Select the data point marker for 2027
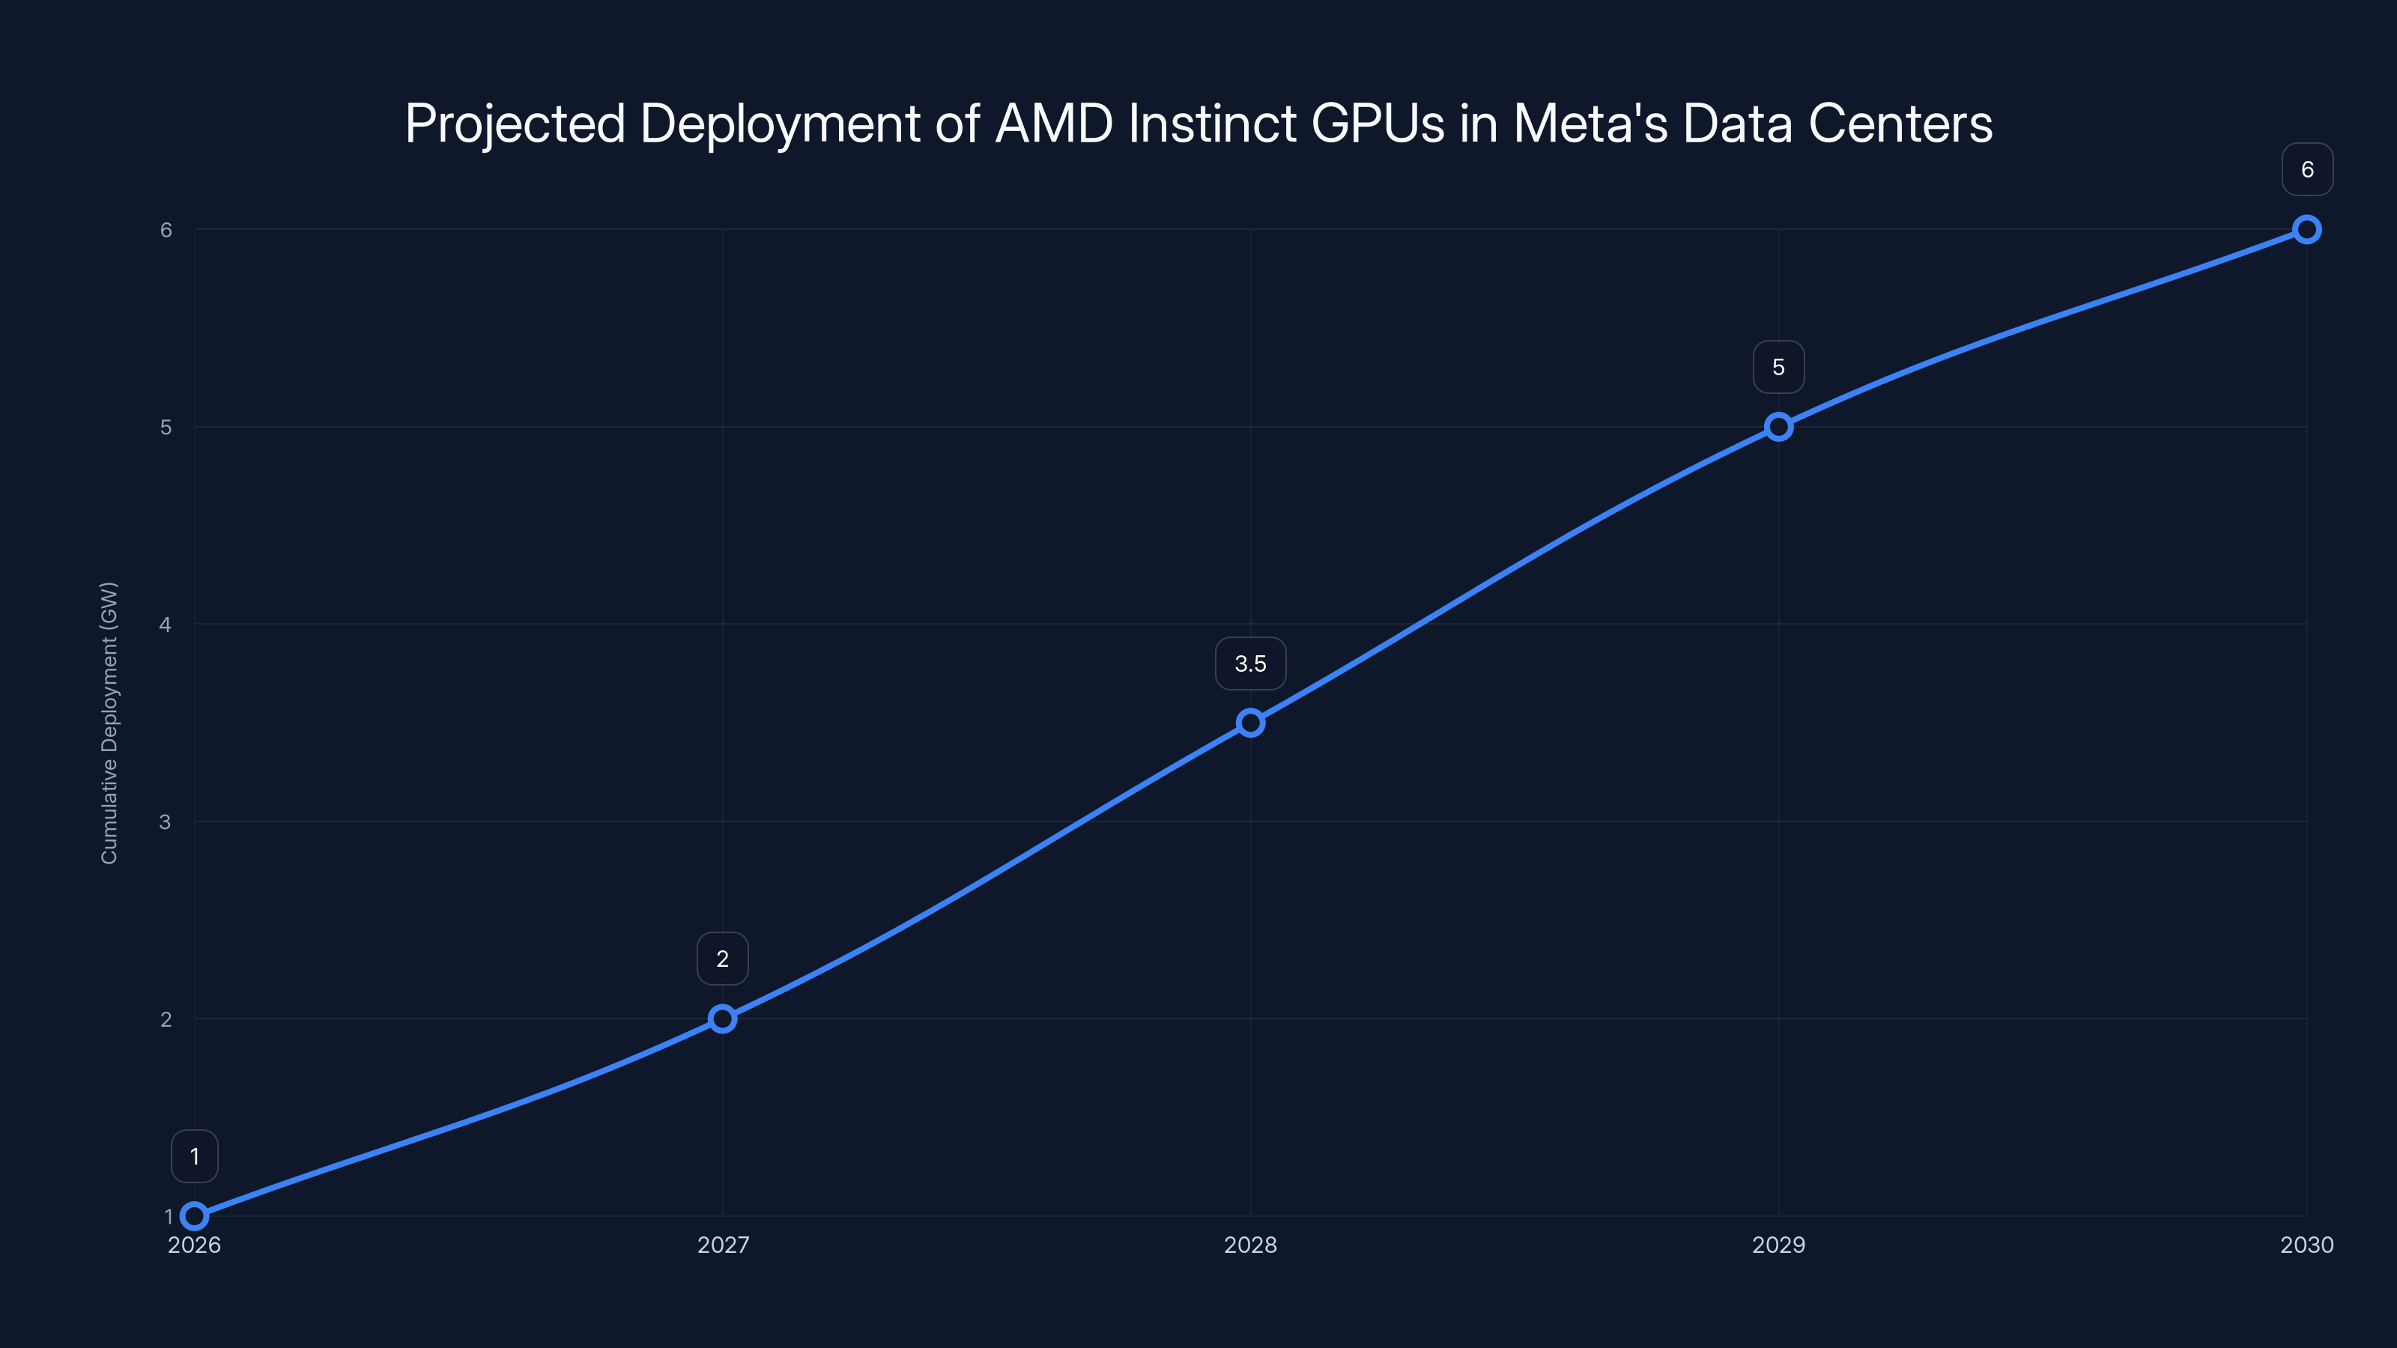(722, 1018)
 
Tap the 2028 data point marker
(1251, 723)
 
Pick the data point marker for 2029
(1778, 427)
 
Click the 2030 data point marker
(2307, 230)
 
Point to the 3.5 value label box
(1251, 664)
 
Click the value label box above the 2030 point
(2307, 169)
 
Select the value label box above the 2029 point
(1778, 368)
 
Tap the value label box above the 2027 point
(722, 959)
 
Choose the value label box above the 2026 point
(195, 1156)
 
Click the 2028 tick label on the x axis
(1251, 1245)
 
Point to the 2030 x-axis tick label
(2307, 1245)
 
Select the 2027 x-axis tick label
(722, 1245)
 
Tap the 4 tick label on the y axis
(166, 625)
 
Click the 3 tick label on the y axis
(166, 822)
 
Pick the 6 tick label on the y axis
(166, 230)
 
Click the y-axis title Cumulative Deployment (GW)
(109, 723)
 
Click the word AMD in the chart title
(1053, 124)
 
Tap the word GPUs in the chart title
(1378, 124)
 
